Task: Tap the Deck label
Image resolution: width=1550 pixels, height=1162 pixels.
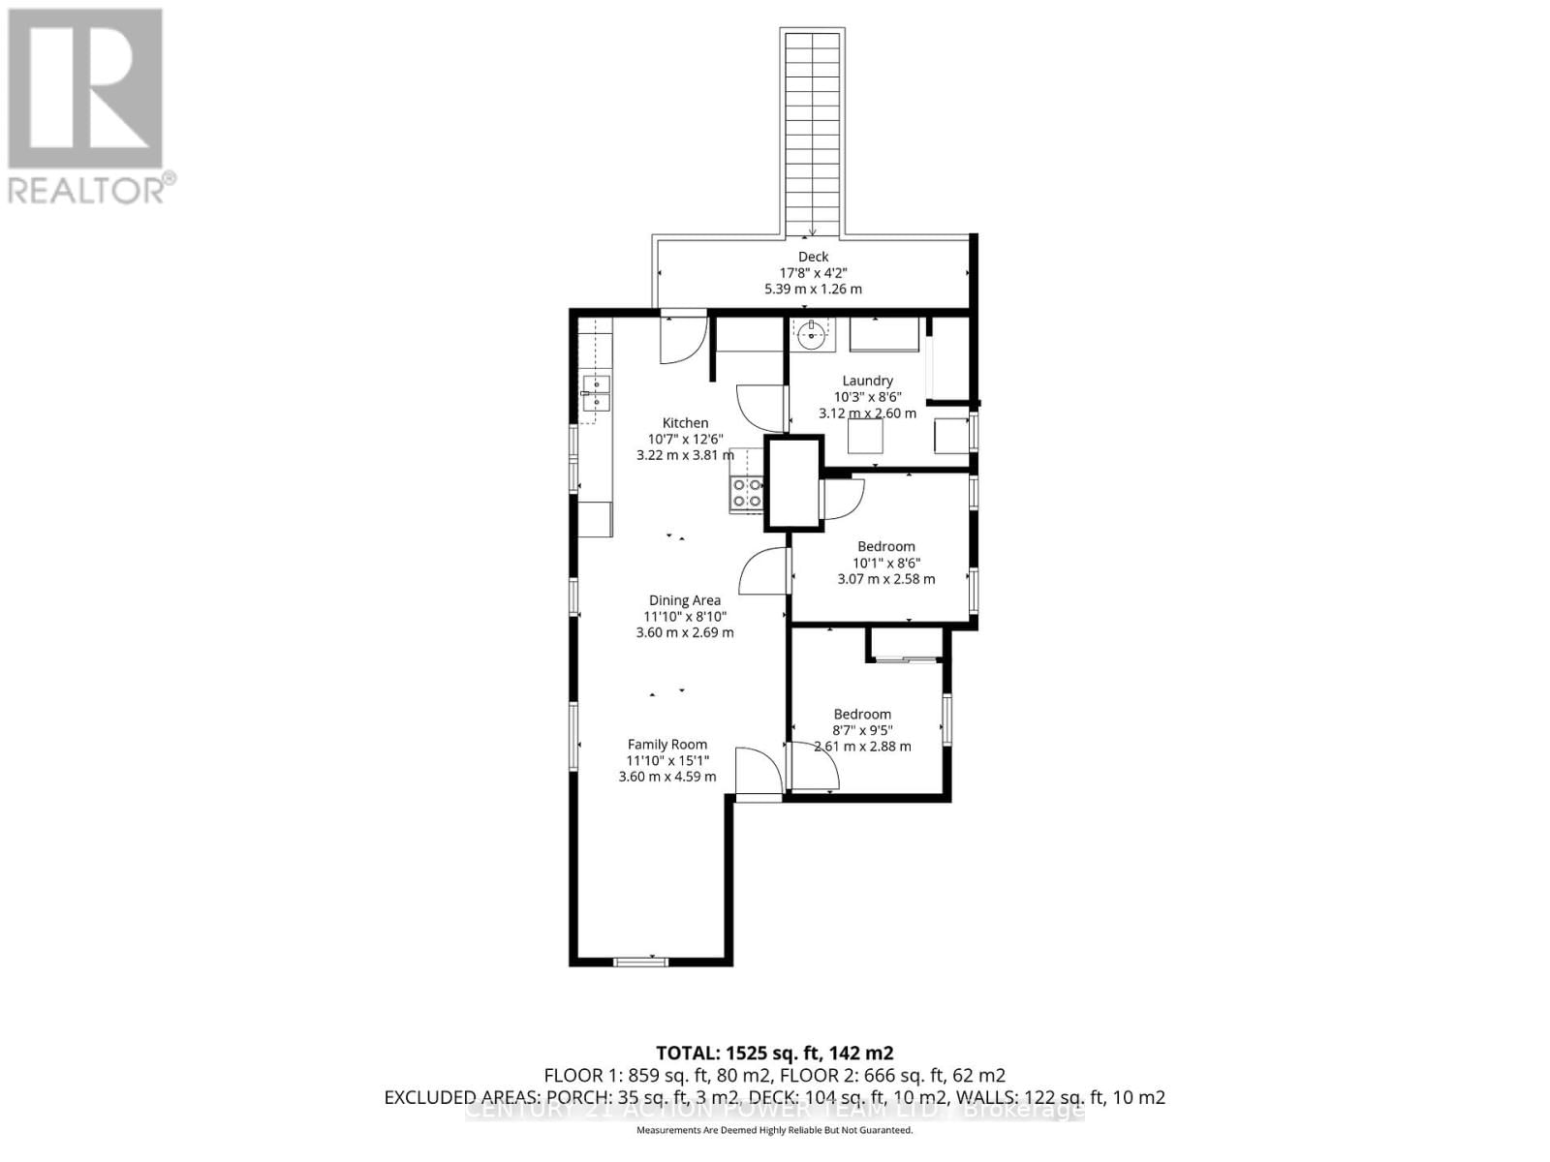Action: [x=813, y=257]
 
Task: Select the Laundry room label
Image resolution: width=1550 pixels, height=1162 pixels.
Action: [x=867, y=381]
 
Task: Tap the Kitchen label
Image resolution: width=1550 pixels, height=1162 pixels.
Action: [x=685, y=422]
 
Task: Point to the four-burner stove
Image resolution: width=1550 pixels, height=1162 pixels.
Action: [x=746, y=493]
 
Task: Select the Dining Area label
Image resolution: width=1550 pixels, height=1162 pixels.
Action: [x=684, y=600]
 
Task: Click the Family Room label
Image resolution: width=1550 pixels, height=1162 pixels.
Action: [x=666, y=745]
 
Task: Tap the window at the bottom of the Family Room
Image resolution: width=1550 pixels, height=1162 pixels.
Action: [x=640, y=961]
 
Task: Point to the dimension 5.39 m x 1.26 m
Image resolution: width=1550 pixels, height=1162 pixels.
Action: [x=813, y=289]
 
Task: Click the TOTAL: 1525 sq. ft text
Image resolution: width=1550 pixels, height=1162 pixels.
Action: [x=774, y=1053]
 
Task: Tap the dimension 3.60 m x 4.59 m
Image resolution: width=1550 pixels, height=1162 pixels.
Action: [x=666, y=777]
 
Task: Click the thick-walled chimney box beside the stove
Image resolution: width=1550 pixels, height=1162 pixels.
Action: [x=793, y=483]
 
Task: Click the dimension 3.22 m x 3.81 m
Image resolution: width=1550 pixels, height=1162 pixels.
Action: [x=684, y=454]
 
